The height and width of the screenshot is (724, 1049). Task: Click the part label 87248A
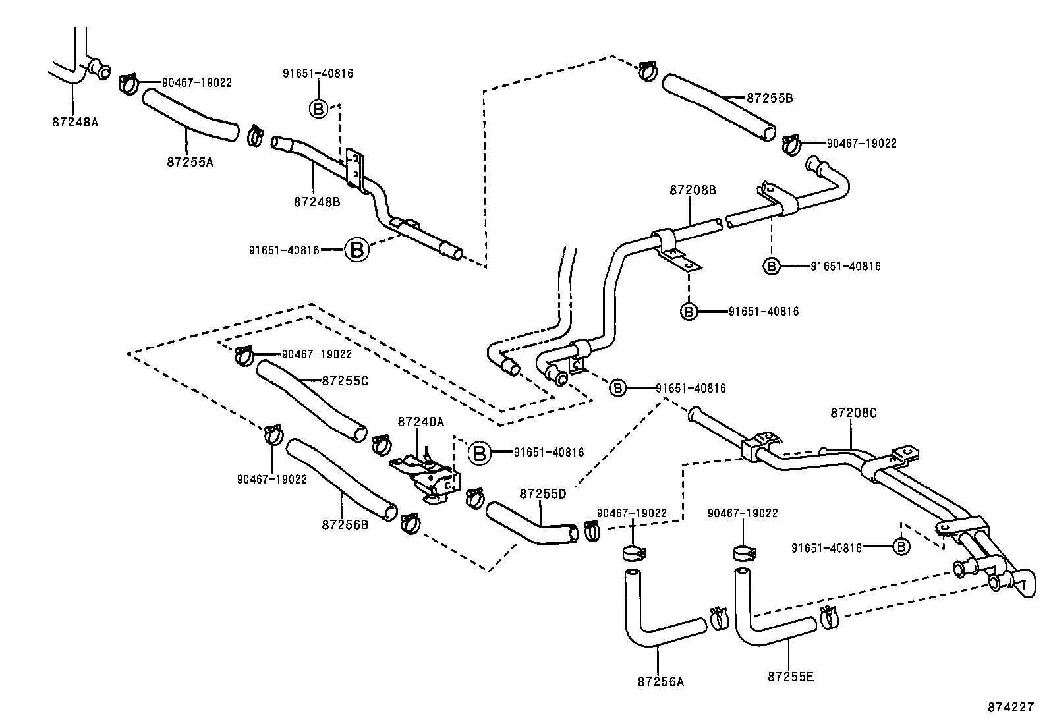tap(74, 122)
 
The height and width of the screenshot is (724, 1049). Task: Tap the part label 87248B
tap(317, 202)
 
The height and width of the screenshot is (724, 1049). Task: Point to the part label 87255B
tap(769, 98)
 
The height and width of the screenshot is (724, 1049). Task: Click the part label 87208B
tap(692, 190)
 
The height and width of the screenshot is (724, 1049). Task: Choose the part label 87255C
tap(345, 381)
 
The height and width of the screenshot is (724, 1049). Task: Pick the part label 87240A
tap(420, 422)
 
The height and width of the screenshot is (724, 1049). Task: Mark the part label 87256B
tap(345, 524)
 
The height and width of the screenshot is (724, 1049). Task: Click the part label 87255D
tap(542, 493)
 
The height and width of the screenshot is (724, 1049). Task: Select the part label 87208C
tap(853, 413)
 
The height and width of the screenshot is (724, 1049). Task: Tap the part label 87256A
tap(660, 682)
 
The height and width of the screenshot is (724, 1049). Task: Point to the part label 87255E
tap(791, 676)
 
